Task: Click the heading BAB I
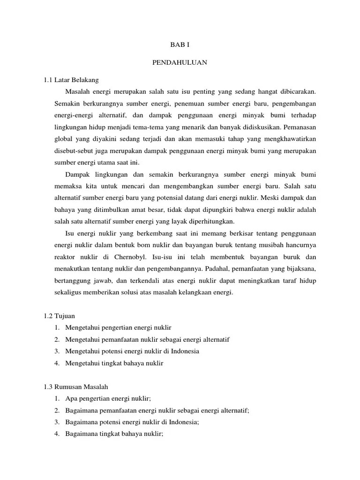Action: tap(180, 45)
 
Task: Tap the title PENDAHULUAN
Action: tap(180, 62)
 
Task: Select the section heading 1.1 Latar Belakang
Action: tap(71, 80)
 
